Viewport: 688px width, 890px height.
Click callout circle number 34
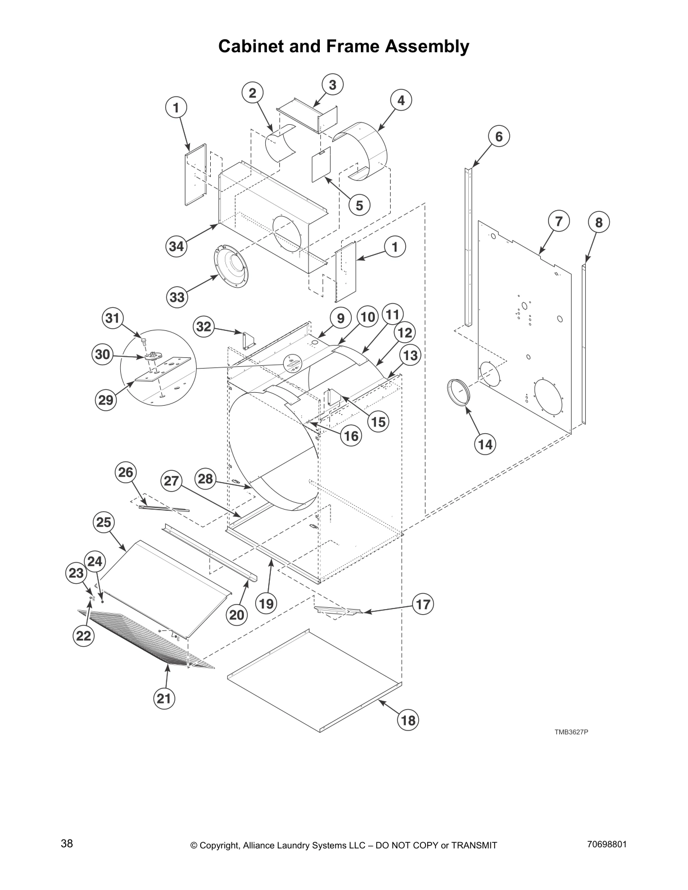pyautogui.click(x=176, y=246)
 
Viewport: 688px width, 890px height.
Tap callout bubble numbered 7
pyautogui.click(x=558, y=221)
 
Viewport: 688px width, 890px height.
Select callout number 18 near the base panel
pyautogui.click(x=409, y=720)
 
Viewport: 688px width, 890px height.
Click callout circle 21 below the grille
pyautogui.click(x=164, y=699)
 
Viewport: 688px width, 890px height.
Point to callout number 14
pyautogui.click(x=485, y=444)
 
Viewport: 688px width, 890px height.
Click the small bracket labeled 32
pyautogui.click(x=248, y=340)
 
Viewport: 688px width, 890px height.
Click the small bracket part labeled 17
pyautogui.click(x=337, y=610)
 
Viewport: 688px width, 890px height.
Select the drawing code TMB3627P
pyautogui.click(x=571, y=732)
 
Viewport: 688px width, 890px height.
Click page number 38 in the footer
pyautogui.click(x=67, y=843)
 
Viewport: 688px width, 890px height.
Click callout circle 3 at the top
pyautogui.click(x=333, y=85)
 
